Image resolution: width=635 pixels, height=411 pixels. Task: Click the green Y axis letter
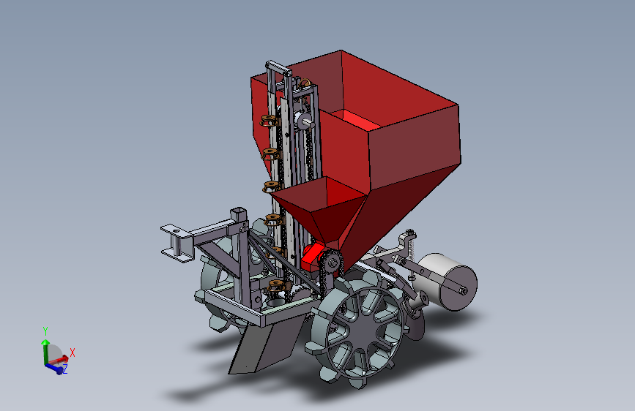click(45, 331)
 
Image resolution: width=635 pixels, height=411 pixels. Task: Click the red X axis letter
click(73, 352)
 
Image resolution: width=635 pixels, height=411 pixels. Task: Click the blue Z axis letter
click(64, 369)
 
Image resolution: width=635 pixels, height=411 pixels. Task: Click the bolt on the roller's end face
click(463, 290)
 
